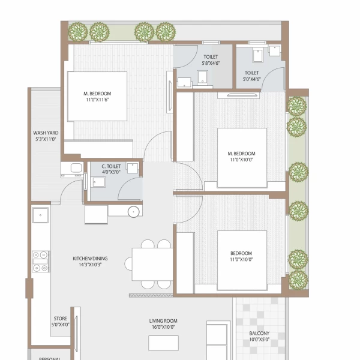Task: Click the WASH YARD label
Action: point(44,136)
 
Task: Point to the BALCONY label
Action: point(259,337)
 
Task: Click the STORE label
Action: point(59,322)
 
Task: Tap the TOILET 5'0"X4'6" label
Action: point(251,75)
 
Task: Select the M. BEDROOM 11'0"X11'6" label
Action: point(97,97)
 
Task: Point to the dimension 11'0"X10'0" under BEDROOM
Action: point(241,260)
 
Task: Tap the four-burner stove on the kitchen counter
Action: point(41,261)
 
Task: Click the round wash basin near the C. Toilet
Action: point(134,211)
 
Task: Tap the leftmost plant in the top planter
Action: point(79,31)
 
